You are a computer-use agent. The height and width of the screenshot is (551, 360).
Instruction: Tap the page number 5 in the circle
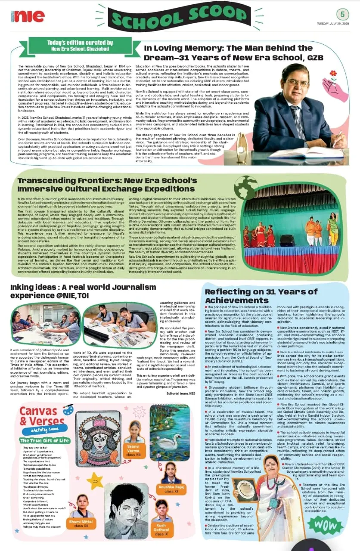pyautogui.click(x=343, y=14)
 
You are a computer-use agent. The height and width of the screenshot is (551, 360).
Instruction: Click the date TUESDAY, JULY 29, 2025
pyautogui.click(x=332, y=24)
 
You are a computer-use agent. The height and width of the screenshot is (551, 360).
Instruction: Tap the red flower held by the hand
pyautogui.click(x=332, y=74)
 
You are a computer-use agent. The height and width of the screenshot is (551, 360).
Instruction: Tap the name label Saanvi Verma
pyautogui.click(x=133, y=450)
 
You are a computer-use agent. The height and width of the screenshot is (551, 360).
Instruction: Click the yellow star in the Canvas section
pyautogui.click(x=95, y=480)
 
